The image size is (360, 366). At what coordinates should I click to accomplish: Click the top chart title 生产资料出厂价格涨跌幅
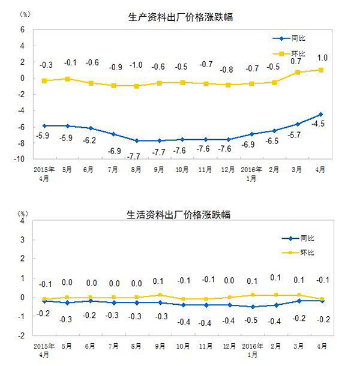tap(181, 17)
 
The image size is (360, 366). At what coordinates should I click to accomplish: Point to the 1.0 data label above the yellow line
tap(322, 58)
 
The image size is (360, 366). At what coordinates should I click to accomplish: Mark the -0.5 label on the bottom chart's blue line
tap(253, 320)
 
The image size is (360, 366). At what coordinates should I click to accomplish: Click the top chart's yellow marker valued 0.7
tap(298, 73)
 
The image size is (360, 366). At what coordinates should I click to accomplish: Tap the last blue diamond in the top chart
tap(320, 114)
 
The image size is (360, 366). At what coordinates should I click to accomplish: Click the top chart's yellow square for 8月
tap(137, 86)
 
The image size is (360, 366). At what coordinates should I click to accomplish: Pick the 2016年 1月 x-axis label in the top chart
tap(252, 173)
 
